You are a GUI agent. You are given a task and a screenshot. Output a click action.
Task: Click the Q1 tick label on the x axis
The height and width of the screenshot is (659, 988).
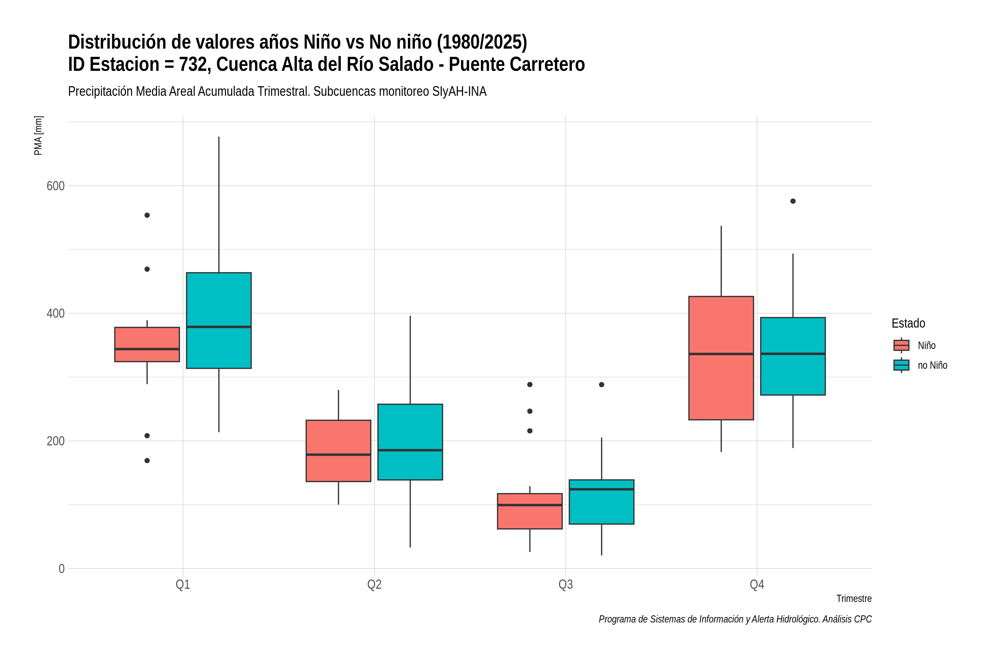coord(183,585)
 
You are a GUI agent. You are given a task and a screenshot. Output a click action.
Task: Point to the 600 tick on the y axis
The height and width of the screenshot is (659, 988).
coord(55,186)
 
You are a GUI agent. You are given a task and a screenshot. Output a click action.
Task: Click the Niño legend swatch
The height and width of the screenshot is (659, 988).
coord(902,345)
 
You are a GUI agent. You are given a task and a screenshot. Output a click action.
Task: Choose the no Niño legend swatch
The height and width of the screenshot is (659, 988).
coord(902,365)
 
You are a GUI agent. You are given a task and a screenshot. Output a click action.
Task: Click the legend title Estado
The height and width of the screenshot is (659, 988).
coord(909,323)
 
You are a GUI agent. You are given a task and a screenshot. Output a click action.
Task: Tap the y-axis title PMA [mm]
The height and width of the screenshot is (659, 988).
coord(38,135)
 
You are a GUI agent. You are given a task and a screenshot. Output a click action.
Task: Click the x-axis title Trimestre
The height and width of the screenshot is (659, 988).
coord(854,599)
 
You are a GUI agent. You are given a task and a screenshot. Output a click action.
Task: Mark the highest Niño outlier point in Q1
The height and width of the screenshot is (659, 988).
coord(147,215)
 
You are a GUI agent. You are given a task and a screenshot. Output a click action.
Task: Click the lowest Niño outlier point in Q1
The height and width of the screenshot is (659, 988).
coord(147,461)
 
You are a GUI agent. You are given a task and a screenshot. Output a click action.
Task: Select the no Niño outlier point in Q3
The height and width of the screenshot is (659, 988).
coord(602,385)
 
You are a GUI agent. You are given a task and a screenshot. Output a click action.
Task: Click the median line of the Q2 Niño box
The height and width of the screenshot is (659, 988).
coord(339,455)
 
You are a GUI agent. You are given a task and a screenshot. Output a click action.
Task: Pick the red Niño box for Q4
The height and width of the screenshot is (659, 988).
coord(721,358)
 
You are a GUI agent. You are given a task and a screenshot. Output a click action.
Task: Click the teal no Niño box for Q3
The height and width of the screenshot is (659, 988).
coord(602,502)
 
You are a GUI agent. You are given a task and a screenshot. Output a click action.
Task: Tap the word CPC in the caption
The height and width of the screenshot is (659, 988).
coord(863,619)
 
